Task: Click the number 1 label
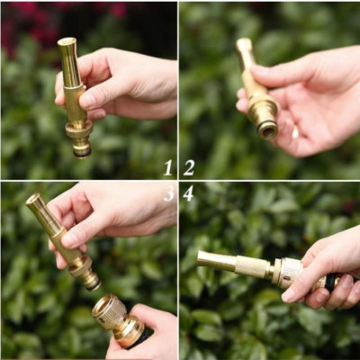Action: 167,167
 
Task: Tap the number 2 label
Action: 189,167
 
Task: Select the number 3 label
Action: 168,193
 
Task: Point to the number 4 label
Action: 188,193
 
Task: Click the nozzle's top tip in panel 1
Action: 66,42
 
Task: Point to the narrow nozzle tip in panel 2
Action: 243,44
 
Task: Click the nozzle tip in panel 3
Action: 32,200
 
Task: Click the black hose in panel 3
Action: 142,337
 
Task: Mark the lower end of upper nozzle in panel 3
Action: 91,281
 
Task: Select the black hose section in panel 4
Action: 330,282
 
